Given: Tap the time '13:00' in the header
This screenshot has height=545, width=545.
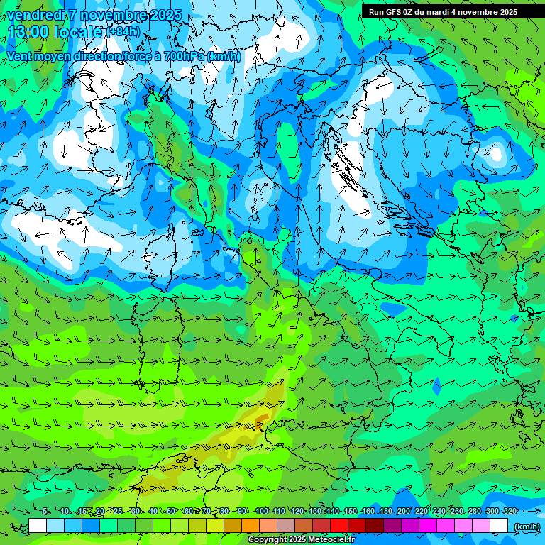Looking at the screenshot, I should [x=28, y=32].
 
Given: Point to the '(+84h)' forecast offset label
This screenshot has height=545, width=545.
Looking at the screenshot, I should [x=123, y=32].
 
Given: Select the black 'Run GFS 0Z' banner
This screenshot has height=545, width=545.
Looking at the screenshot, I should [x=442, y=11].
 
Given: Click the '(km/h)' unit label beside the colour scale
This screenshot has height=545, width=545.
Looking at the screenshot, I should [x=527, y=527].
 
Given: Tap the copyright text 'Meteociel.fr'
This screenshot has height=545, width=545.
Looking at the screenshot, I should [x=321, y=540].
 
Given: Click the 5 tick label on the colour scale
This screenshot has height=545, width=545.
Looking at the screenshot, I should [x=45, y=511].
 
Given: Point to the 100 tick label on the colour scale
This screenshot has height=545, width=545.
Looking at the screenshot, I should [x=262, y=511].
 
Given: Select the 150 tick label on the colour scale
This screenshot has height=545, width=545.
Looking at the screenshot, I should [x=351, y=511].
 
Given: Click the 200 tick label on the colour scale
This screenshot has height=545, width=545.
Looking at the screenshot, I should [x=404, y=511].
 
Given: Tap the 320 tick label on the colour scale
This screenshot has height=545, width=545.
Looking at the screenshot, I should [x=510, y=511].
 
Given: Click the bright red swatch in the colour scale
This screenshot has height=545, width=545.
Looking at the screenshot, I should [x=339, y=526].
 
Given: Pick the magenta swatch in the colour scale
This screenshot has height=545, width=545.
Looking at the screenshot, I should [x=428, y=526].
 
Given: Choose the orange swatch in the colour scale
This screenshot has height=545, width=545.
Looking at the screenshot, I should [x=251, y=526].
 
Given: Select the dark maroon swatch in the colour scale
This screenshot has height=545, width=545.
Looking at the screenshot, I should [x=375, y=526].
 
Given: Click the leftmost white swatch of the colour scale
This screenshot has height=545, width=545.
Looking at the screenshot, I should [x=38, y=526].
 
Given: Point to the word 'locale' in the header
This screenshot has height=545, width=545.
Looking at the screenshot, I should [x=77, y=32].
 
